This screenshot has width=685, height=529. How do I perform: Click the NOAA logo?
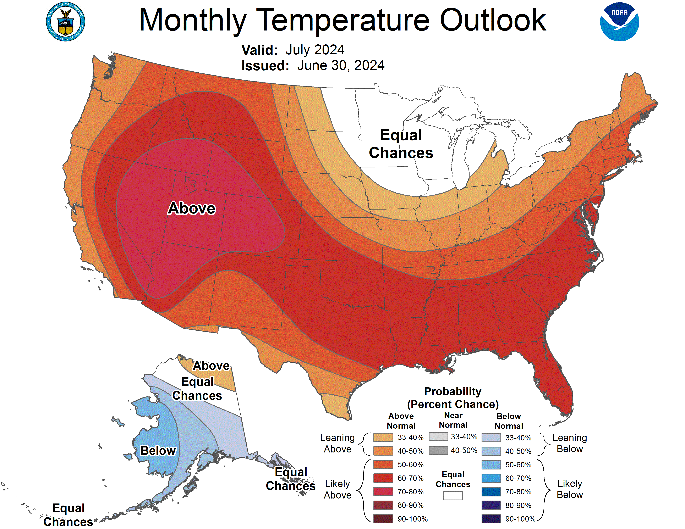click(619, 22)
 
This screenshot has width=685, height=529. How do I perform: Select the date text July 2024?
click(315, 50)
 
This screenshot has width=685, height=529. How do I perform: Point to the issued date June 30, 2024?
click(341, 66)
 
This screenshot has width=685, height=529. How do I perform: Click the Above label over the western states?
click(192, 208)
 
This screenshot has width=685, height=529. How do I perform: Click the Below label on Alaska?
click(158, 450)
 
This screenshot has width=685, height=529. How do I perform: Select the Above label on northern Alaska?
click(211, 366)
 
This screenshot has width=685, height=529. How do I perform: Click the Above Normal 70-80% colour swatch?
click(383, 492)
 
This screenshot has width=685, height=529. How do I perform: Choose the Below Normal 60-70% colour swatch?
click(491, 478)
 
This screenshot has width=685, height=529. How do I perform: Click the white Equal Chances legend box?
click(453, 495)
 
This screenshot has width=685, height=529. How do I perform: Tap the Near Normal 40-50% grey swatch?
click(438, 450)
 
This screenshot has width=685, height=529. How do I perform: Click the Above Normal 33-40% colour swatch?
click(383, 437)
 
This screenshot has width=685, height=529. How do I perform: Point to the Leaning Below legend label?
click(570, 443)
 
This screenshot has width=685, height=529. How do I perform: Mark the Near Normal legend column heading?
click(453, 420)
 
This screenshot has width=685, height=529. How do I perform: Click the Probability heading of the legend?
click(453, 391)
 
